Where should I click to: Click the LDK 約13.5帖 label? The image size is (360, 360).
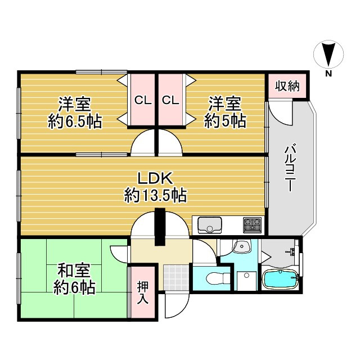tap(156, 188)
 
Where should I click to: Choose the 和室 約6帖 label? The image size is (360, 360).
tap(74, 279)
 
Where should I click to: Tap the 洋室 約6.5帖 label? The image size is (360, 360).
tap(75, 112)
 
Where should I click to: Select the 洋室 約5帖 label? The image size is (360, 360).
tap(225, 112)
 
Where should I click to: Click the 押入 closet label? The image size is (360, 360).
tap(143, 292)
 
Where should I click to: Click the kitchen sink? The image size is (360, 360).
tap(210, 226)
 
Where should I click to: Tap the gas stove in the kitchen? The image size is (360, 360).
tap(252, 225)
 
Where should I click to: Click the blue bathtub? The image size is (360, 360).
tap(280, 279)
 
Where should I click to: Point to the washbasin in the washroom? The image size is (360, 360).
tap(243, 247)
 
